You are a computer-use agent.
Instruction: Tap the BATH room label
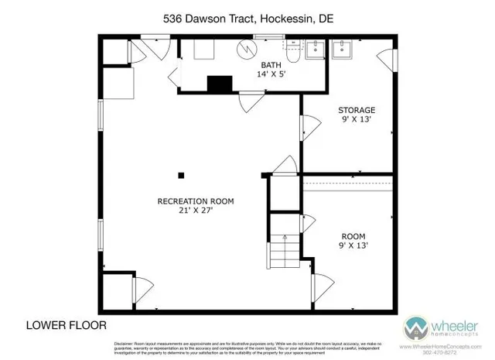pyautogui.click(x=271, y=64)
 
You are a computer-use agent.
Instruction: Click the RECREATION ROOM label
pyautogui.click(x=195, y=201)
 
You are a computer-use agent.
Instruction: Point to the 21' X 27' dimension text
pyautogui.click(x=195, y=211)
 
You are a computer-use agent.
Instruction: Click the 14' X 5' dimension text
pyautogui.click(x=271, y=74)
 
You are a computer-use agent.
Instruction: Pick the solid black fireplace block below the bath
pyautogui.click(x=220, y=84)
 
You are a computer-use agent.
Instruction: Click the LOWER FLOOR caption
pyautogui.click(x=67, y=324)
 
